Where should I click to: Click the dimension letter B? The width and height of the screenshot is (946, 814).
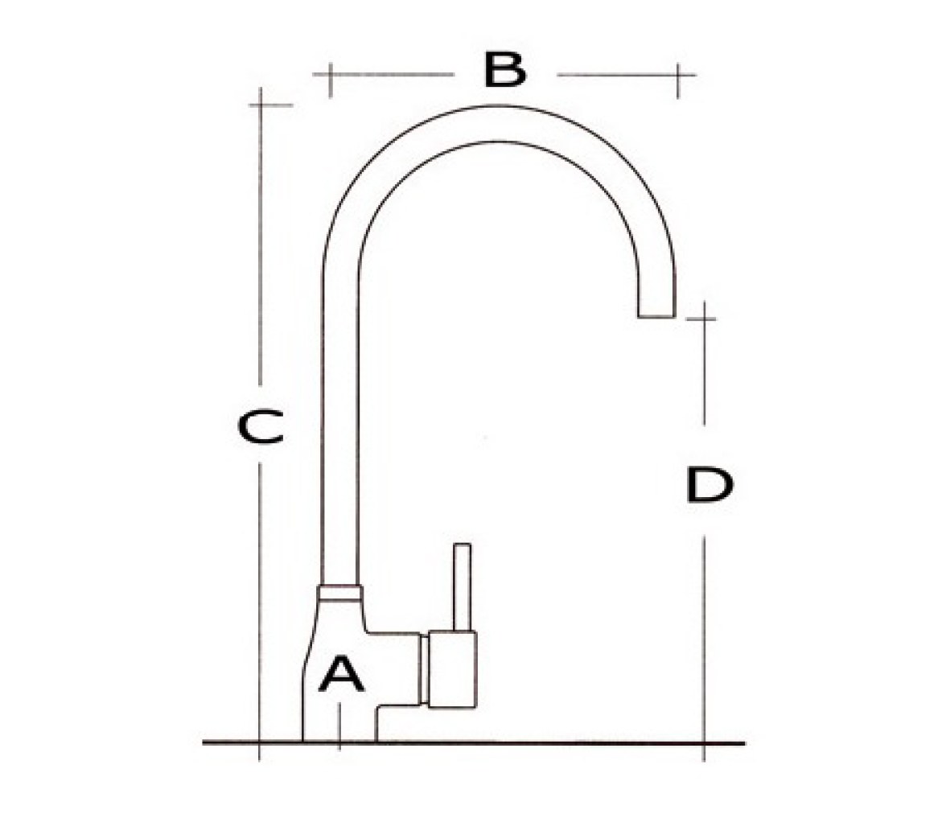[505, 70]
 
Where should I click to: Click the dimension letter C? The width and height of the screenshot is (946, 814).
[260, 426]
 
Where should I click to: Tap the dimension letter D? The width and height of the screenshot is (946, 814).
[709, 484]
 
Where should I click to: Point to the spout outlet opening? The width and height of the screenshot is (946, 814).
[656, 316]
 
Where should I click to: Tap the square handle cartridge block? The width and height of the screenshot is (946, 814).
[452, 669]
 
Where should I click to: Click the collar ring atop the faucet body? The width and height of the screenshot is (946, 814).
[339, 592]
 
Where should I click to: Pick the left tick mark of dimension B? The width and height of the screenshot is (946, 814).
[330, 80]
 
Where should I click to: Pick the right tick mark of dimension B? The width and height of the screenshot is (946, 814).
[678, 81]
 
